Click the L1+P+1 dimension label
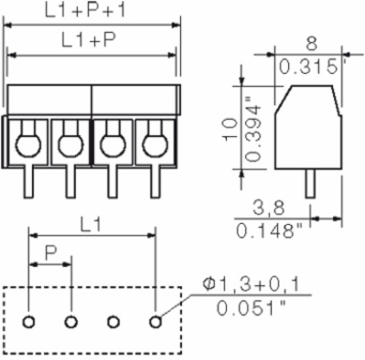[x=84, y=9]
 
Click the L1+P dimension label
[x=88, y=40]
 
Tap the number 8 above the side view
[x=312, y=44]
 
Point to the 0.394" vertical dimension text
[x=252, y=128]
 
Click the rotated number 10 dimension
[x=230, y=129]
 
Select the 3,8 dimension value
[x=268, y=208]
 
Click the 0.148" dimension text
[x=269, y=232]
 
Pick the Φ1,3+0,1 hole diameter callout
[x=251, y=285]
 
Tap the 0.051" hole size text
[x=251, y=308]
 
